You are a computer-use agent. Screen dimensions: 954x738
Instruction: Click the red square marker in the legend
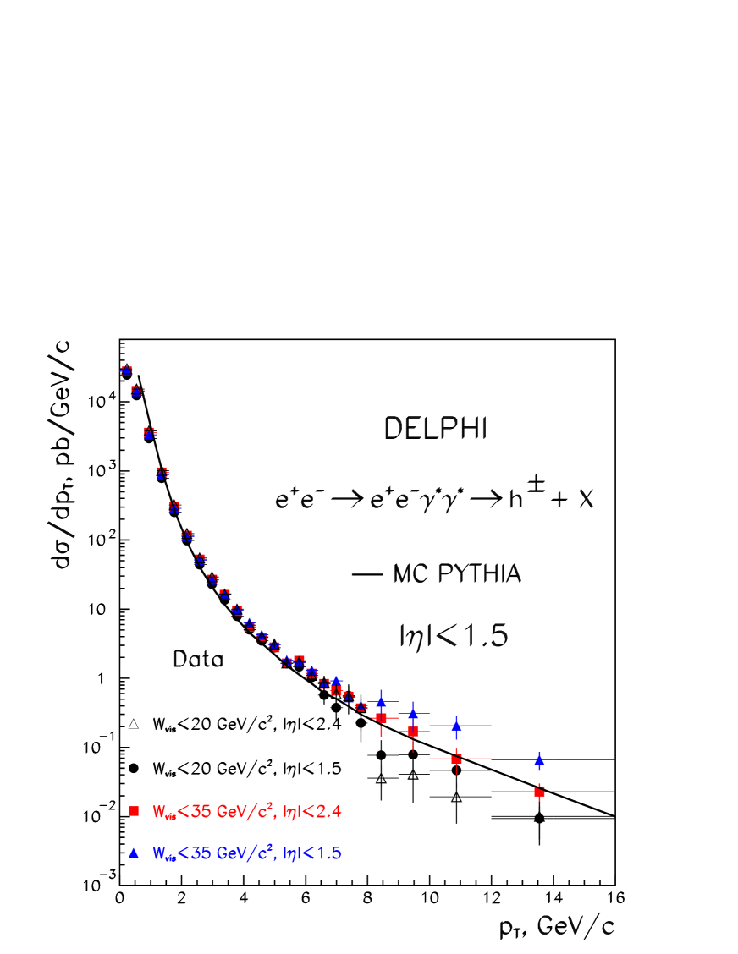(133, 812)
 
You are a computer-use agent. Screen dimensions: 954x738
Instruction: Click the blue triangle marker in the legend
(133, 853)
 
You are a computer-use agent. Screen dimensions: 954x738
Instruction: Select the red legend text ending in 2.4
(246, 812)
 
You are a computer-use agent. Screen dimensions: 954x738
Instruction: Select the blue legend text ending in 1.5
(246, 853)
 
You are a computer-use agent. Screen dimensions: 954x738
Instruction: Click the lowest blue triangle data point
(539, 760)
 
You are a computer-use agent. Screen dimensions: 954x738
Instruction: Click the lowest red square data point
(539, 792)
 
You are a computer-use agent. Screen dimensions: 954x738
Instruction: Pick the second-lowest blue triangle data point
(456, 725)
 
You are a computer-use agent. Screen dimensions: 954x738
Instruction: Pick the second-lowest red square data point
(456, 759)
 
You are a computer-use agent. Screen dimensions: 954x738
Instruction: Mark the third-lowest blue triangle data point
(413, 713)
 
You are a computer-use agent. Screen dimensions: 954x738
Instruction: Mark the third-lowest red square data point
(413, 732)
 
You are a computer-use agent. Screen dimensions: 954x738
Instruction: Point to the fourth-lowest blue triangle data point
(381, 701)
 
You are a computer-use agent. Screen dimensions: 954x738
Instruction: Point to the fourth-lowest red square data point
(381, 717)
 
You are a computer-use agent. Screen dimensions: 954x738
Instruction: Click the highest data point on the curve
(127, 370)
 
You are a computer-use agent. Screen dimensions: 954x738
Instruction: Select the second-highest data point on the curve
(136, 391)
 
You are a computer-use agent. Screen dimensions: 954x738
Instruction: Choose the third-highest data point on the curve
(150, 433)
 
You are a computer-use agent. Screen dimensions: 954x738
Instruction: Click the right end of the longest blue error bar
(614, 759)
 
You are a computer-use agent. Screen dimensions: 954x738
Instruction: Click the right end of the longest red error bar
(614, 792)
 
